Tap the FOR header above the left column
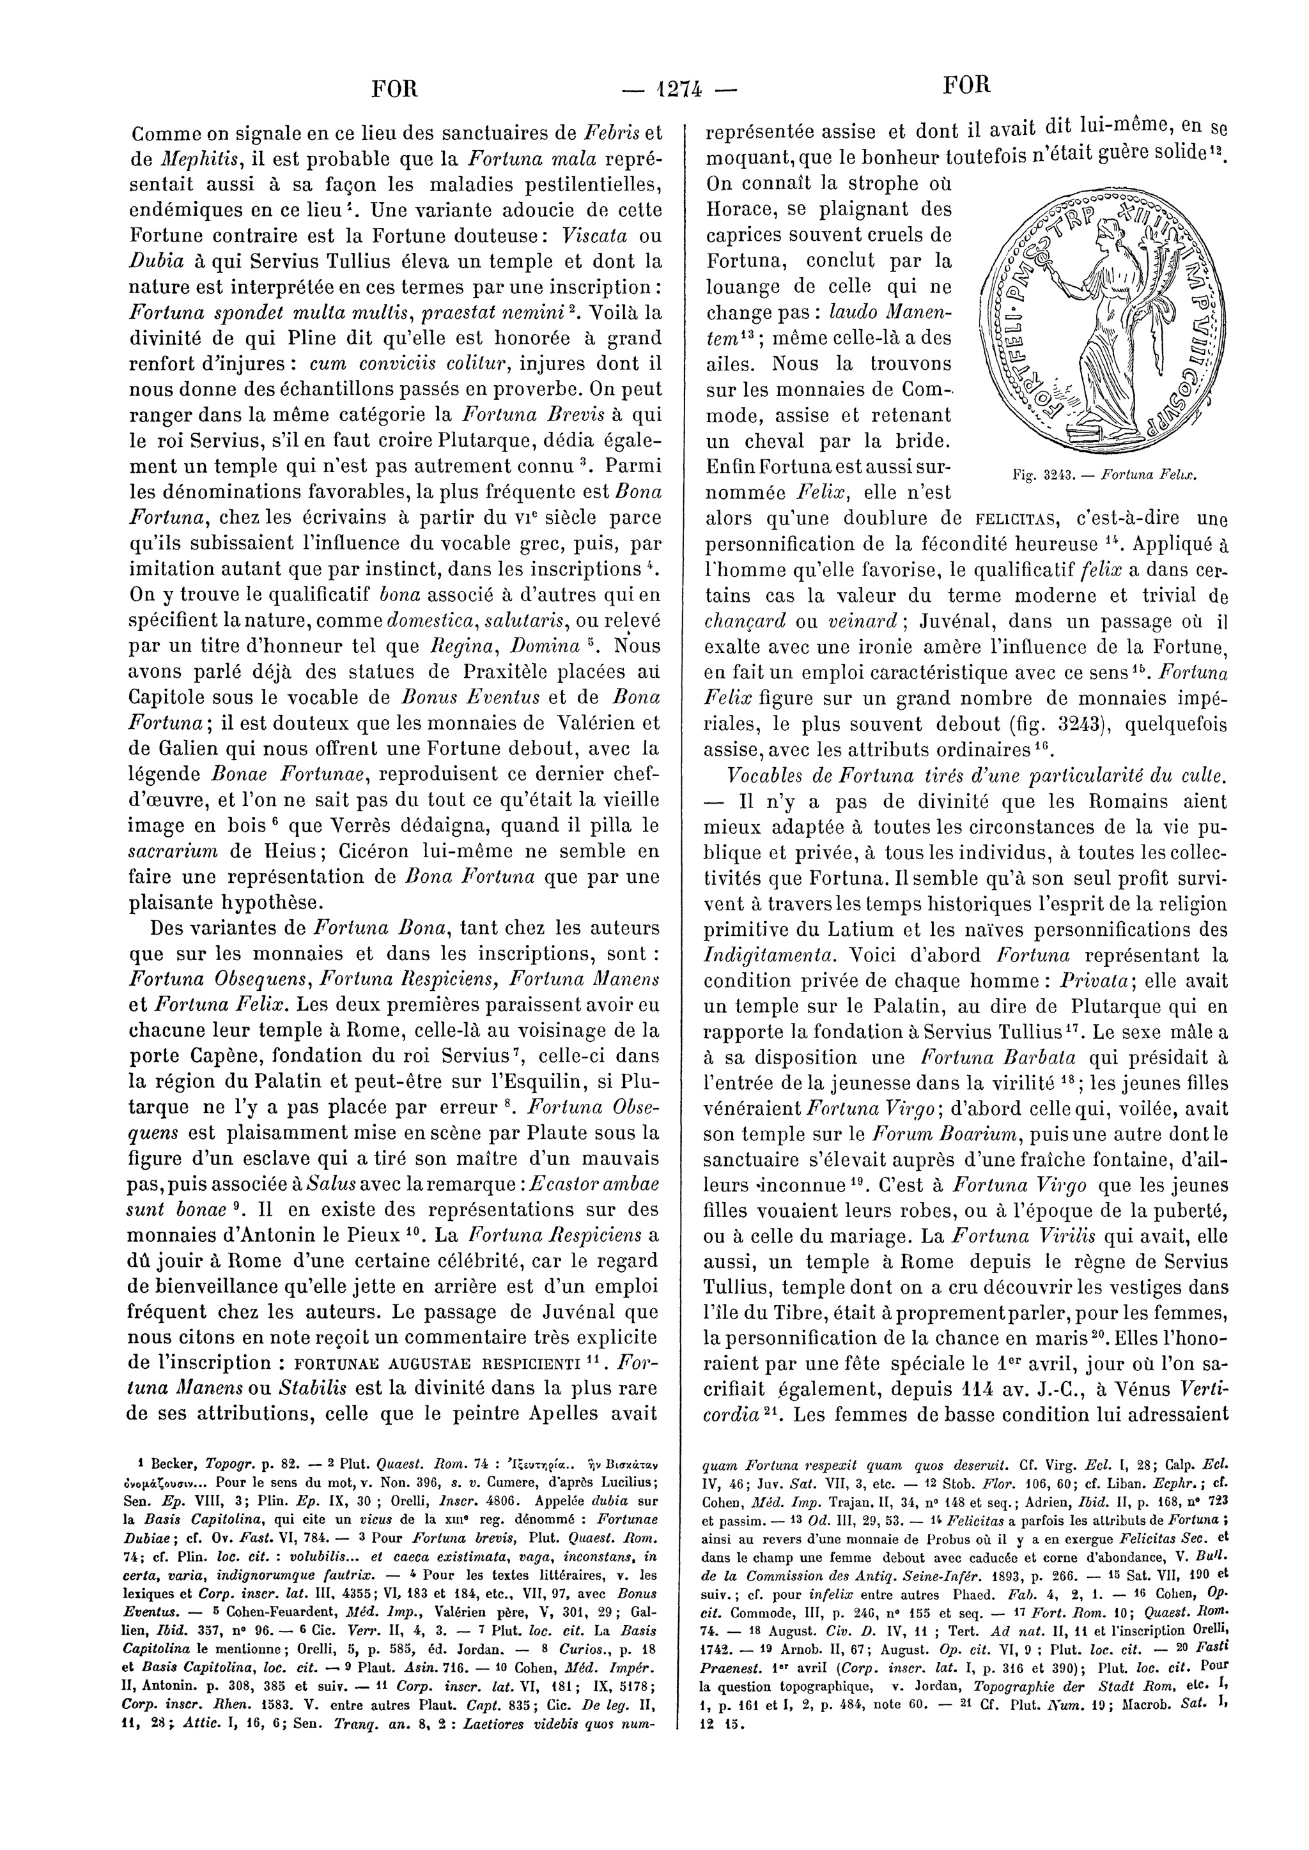(394, 87)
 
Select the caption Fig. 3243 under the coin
(1105, 475)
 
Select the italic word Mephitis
(200, 158)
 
